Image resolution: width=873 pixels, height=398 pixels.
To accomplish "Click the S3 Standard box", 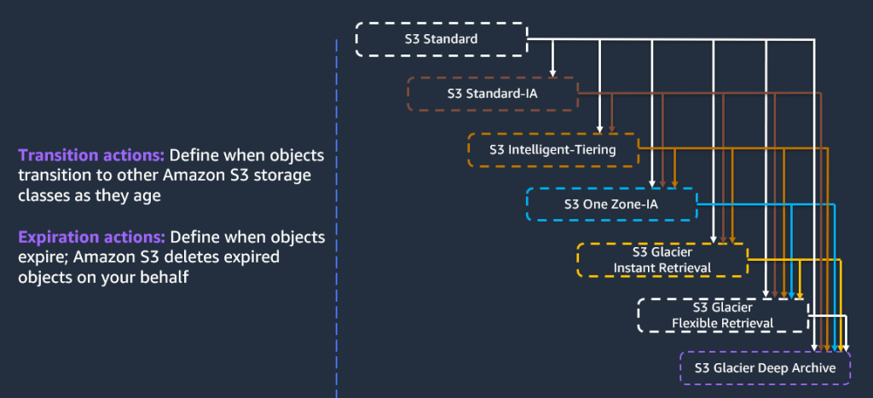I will tap(441, 39).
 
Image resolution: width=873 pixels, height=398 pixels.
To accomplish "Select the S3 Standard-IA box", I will tap(492, 94).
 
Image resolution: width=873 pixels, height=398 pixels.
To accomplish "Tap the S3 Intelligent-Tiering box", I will tap(552, 149).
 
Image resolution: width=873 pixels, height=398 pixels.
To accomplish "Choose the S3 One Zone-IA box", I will tap(610, 205).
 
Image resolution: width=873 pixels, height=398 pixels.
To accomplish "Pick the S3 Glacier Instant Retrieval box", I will tap(662, 260).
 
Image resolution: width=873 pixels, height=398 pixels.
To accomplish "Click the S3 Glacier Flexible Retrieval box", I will tap(722, 314).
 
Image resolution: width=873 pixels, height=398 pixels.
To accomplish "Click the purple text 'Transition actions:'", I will tap(91, 157).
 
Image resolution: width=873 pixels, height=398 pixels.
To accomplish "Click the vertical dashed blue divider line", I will tap(338, 213).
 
